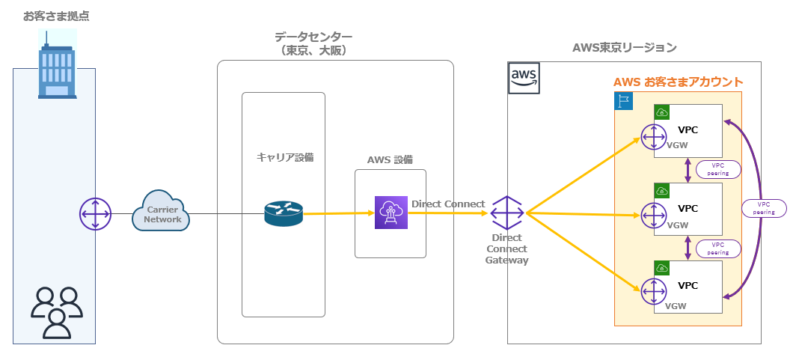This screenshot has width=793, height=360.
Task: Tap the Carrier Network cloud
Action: [162, 215]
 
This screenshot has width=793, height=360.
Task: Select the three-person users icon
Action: [56, 311]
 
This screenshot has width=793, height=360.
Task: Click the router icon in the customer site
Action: [95, 215]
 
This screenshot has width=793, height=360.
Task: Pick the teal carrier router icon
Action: [284, 214]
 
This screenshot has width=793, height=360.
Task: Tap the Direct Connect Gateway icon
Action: [506, 213]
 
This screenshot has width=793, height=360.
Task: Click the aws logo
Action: [524, 78]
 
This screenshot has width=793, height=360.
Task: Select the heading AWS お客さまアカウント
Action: [678, 82]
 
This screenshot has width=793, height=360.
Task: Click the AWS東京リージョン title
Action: [624, 48]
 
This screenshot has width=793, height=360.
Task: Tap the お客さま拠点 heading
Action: [51, 16]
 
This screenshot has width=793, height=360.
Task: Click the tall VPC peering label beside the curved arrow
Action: [765, 208]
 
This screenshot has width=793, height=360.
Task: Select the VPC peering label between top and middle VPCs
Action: [718, 169]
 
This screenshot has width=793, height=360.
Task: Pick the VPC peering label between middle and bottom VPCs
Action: [718, 248]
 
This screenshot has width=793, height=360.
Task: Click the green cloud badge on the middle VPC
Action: [662, 191]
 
